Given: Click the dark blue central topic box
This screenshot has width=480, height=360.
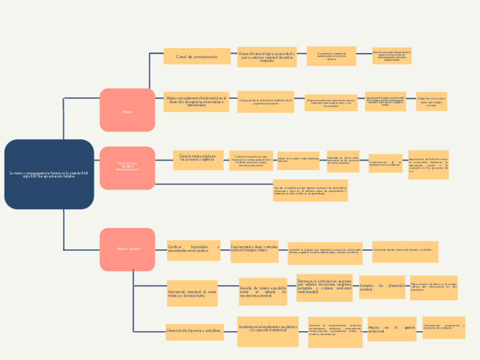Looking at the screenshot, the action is pyautogui.click(x=49, y=174).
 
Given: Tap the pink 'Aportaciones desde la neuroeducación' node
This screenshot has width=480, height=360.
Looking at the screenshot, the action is pyautogui.click(x=127, y=168).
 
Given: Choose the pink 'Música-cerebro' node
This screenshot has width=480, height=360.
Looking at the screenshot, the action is pyautogui.click(x=127, y=249).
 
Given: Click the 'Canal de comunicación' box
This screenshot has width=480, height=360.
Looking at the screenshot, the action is pyautogui.click(x=196, y=57).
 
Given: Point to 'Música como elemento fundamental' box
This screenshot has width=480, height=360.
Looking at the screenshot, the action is pyautogui.click(x=196, y=102).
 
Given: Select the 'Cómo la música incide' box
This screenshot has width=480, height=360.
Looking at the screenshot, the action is pyautogui.click(x=198, y=159).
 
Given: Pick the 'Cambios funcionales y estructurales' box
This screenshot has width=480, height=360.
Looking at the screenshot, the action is pyautogui.click(x=193, y=250).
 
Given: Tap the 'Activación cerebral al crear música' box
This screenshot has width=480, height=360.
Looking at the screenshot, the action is pyautogui.click(x=192, y=293).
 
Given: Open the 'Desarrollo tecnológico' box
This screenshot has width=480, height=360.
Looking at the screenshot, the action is pyautogui.click(x=267, y=57).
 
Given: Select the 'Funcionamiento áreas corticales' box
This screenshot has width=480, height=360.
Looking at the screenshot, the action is pyautogui.click(x=254, y=250).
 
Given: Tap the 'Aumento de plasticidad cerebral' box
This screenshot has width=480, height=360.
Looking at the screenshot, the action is pyautogui.click(x=382, y=287).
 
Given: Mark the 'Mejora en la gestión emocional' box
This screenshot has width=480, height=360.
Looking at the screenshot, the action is pyautogui.click(x=392, y=329).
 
